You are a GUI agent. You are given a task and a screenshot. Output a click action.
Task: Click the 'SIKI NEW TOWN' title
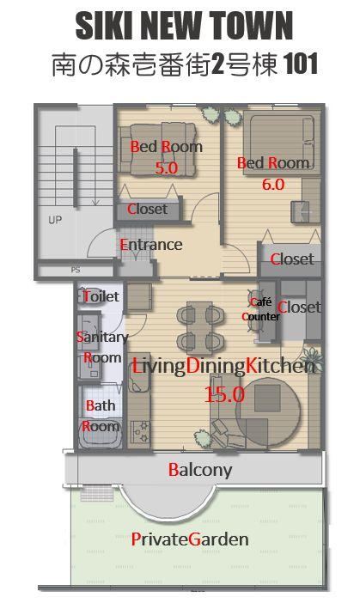(x=184, y=25)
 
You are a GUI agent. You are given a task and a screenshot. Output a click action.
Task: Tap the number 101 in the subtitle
(x=302, y=64)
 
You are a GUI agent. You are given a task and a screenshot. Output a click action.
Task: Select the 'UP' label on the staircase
(x=55, y=220)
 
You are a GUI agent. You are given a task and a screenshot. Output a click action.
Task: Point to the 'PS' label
(x=76, y=270)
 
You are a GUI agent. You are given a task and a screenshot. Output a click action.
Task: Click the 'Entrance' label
(x=151, y=245)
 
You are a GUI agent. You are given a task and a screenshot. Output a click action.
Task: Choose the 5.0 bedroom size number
(x=166, y=167)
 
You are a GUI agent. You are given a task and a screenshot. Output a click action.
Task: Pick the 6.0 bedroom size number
(x=273, y=185)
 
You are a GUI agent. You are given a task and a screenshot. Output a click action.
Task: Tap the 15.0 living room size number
(x=224, y=394)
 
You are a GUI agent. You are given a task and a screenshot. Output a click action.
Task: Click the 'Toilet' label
(x=101, y=296)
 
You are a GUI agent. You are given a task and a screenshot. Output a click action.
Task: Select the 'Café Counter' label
(x=261, y=309)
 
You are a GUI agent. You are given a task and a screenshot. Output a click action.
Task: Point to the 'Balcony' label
(x=200, y=470)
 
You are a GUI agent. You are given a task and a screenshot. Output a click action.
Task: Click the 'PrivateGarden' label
(x=190, y=539)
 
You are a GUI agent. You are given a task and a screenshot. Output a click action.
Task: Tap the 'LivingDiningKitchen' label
(x=224, y=366)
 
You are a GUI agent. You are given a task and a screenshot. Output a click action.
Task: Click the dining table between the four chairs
(x=198, y=327)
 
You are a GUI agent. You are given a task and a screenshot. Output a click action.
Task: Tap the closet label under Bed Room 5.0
(x=147, y=210)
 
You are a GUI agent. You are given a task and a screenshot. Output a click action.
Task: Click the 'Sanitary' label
(x=102, y=338)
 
